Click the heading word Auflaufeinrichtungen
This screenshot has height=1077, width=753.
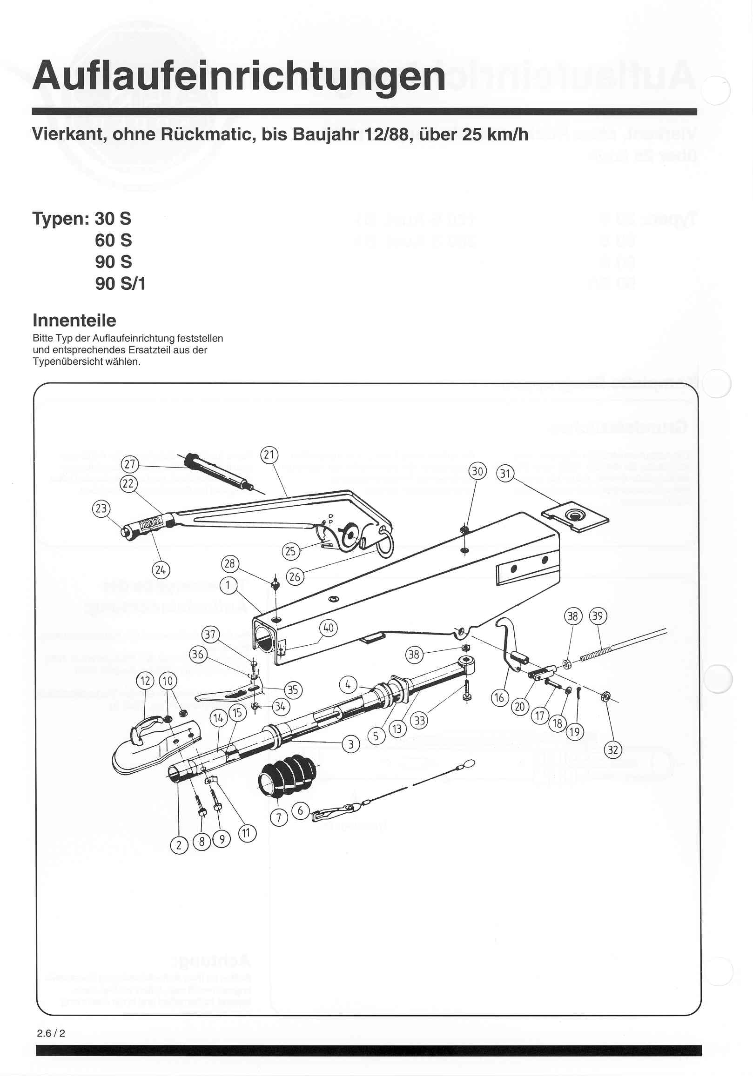point(238,76)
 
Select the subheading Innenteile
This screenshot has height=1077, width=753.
point(74,321)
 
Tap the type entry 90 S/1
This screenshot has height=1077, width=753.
point(120,283)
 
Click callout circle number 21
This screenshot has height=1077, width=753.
point(269,455)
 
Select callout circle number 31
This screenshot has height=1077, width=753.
point(505,473)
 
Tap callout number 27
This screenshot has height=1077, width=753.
point(130,464)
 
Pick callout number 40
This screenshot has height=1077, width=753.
point(329,628)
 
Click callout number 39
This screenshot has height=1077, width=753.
point(598,616)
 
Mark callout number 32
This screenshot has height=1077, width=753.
point(613,750)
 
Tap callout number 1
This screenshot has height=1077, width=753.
point(229,585)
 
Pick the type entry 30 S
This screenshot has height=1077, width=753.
point(113,219)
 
